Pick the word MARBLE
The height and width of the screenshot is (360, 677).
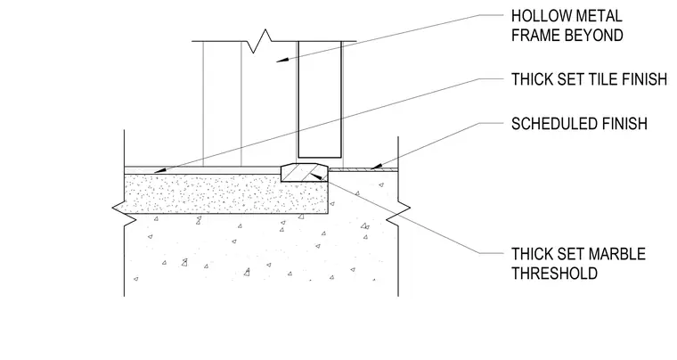617,254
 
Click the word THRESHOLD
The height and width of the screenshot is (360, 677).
554,274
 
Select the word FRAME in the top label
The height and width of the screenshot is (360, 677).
536,36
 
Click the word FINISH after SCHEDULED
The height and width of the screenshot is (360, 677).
626,124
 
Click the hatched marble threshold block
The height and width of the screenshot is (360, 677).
305,173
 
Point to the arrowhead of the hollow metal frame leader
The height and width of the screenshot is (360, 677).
282,60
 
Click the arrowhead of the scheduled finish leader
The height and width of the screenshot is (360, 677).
377,166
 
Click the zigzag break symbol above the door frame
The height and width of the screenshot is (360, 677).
259,41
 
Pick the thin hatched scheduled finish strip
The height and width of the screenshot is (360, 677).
363,170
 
